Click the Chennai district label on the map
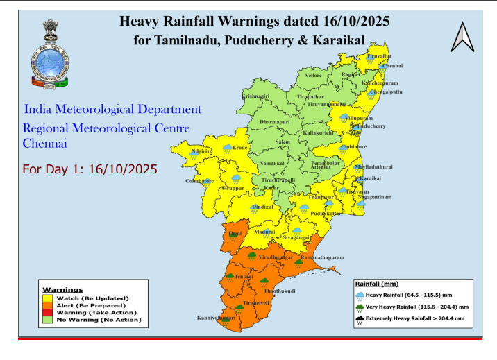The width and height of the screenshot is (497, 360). [392, 66]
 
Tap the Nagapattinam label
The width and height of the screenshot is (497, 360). [374, 197]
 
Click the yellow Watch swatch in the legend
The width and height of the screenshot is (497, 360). [48, 298]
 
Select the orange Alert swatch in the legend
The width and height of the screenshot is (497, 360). [48, 305]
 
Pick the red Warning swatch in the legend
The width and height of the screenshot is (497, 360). [48, 312]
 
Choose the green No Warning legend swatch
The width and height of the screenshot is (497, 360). [48, 320]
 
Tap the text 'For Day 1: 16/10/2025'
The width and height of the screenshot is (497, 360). [90, 169]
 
